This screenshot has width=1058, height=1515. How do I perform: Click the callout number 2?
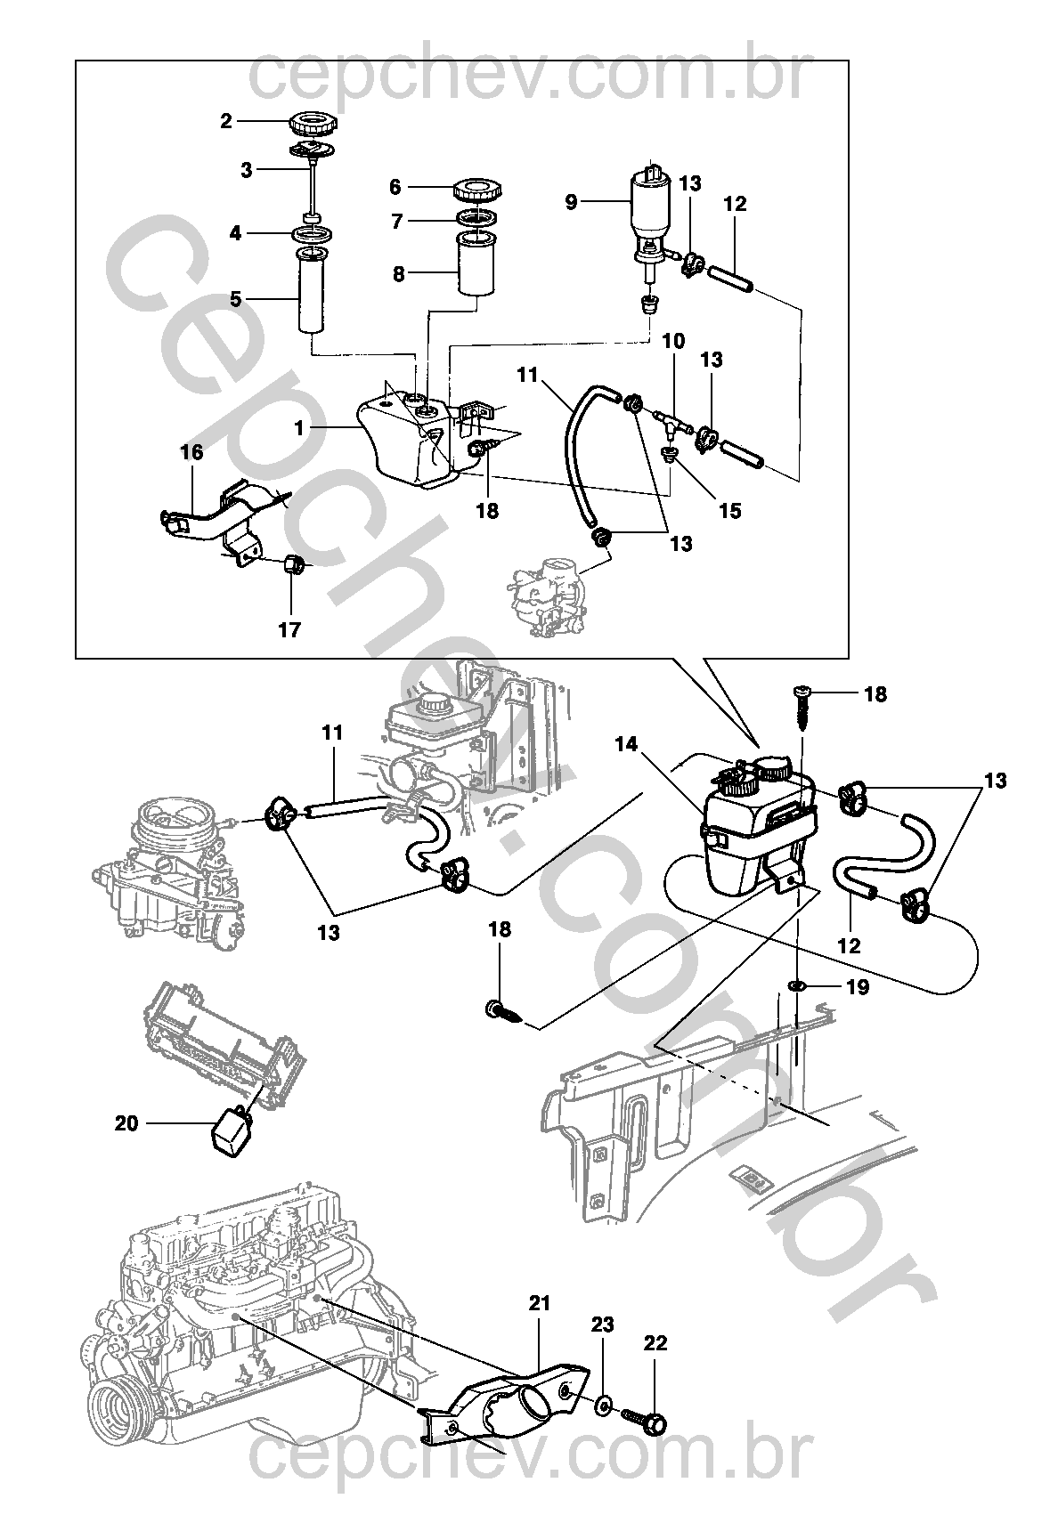tap(226, 121)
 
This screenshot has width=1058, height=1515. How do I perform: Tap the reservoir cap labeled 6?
tap(477, 190)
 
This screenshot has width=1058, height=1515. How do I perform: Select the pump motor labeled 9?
tap(650, 203)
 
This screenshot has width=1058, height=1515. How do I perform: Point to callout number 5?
tap(236, 299)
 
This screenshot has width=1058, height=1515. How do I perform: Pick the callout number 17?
tap(289, 630)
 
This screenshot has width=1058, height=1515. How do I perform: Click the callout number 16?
tap(192, 452)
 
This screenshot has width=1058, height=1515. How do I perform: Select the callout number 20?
tap(126, 1123)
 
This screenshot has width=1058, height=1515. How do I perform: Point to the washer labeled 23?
tap(603, 1405)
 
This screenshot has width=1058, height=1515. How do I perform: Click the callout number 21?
tap(540, 1304)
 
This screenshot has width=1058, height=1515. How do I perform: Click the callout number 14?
tap(627, 744)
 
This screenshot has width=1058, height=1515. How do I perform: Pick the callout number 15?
tap(729, 511)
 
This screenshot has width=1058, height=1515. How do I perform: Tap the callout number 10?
tap(673, 341)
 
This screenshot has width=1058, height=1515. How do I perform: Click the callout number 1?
tap(300, 428)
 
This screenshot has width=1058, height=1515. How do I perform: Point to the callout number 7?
tap(398, 221)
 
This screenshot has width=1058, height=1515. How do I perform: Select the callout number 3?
tap(247, 169)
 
